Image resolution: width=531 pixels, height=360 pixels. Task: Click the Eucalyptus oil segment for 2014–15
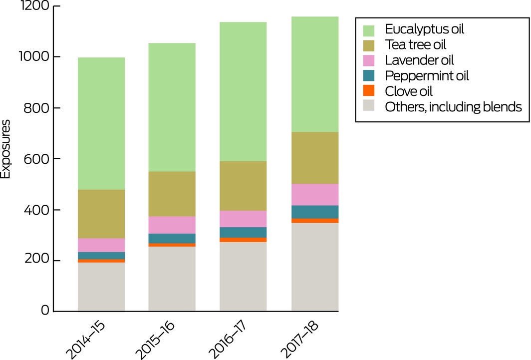coord(101,123)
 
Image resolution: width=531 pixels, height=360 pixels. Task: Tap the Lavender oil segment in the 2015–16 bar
coord(172,225)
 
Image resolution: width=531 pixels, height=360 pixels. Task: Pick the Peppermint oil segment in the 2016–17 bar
coord(244,232)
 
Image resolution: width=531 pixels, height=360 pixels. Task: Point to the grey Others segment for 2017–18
coord(315,267)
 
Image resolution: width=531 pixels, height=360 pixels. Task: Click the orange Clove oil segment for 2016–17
coord(244,240)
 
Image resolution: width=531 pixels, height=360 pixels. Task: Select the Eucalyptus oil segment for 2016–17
coord(244,91)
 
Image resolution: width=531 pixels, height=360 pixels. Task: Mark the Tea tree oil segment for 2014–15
coord(101,214)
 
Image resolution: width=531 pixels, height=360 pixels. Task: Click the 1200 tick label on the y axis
coord(33,6)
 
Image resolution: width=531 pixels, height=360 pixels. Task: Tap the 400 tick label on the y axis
coord(36,210)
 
